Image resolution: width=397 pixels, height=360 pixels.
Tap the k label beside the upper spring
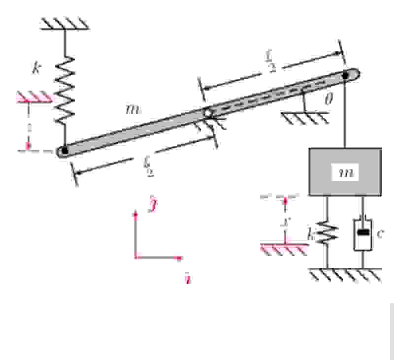[36, 68]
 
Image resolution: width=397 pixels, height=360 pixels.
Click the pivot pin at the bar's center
[208, 113]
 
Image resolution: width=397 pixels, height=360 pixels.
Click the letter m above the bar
[132, 109]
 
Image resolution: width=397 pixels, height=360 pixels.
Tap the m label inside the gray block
[347, 173]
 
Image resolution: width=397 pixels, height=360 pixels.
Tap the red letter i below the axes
[188, 280]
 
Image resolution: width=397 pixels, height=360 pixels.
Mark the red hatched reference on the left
[34, 97]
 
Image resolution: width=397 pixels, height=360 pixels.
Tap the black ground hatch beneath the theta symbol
[305, 117]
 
